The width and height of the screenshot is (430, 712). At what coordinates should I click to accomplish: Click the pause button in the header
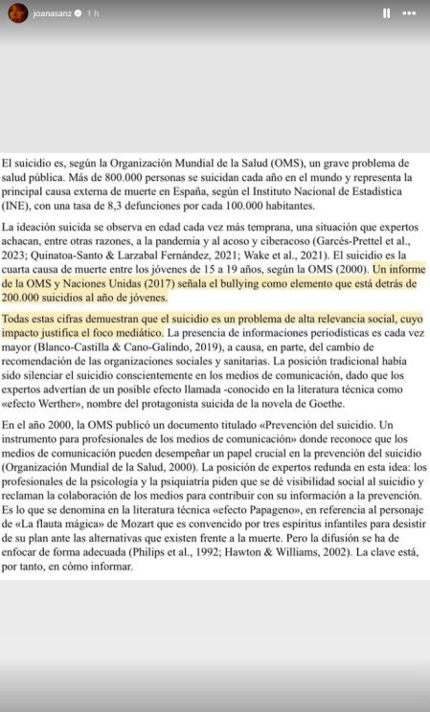coord(387,13)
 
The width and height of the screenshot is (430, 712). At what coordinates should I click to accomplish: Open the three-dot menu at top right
coord(410,13)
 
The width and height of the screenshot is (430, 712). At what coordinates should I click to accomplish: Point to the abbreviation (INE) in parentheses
coord(16,206)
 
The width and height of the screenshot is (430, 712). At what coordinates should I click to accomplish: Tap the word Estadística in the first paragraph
coord(379,191)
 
